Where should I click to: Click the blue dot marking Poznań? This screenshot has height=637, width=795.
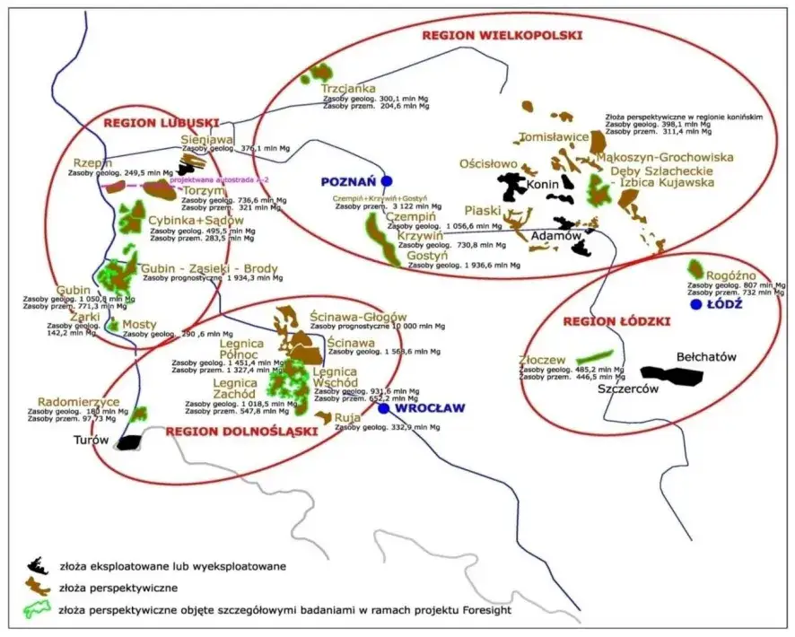(387, 180)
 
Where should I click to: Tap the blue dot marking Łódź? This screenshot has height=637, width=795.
(695, 305)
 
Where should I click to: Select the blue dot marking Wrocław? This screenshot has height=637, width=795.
(384, 408)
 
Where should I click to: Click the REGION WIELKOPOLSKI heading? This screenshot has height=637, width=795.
(502, 35)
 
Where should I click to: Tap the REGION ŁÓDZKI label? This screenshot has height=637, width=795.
(617, 321)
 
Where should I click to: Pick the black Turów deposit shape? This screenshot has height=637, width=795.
(130, 441)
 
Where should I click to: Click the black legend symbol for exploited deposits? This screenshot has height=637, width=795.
(37, 566)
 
